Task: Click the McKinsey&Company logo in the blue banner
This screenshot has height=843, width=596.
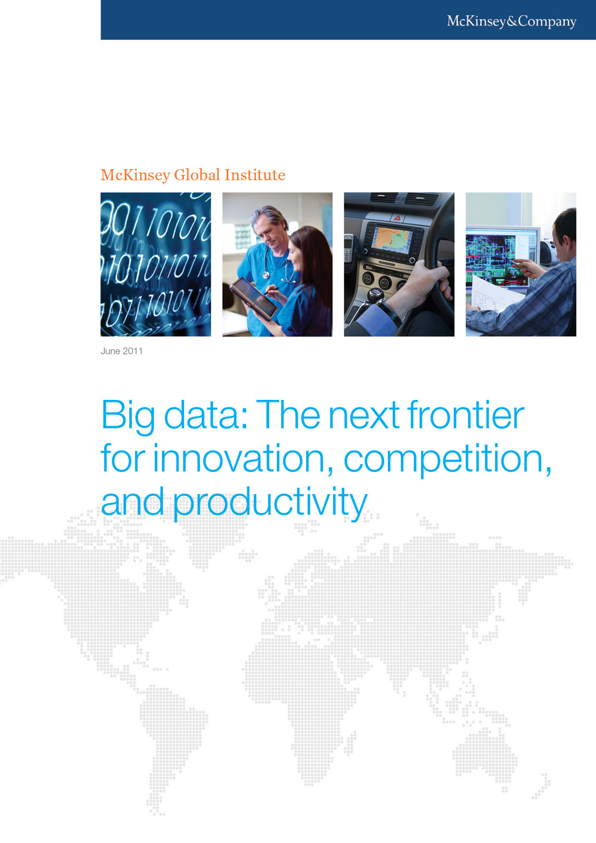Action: pyautogui.click(x=511, y=21)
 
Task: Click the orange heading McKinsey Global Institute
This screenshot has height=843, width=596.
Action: pyautogui.click(x=193, y=175)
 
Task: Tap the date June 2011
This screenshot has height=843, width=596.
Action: pyautogui.click(x=122, y=351)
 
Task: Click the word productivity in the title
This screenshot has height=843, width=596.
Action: pyautogui.click(x=270, y=503)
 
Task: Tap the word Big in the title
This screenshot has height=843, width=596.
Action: pyautogui.click(x=128, y=416)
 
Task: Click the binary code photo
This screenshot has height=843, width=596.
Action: pyautogui.click(x=155, y=264)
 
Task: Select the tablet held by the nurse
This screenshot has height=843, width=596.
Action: pyautogui.click(x=255, y=297)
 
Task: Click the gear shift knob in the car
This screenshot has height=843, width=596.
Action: pyautogui.click(x=376, y=293)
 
